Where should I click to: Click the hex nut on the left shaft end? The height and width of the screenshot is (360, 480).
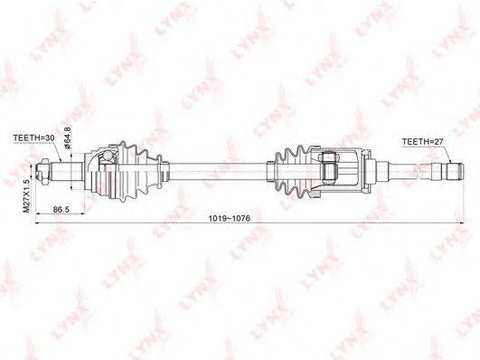pyautogui.click(x=43, y=167)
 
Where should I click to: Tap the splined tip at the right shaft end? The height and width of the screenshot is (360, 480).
pyautogui.click(x=450, y=168)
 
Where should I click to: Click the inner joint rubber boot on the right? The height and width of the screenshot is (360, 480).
pyautogui.click(x=291, y=168)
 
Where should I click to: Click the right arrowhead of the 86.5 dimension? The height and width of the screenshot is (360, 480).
pyautogui.click(x=84, y=214)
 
